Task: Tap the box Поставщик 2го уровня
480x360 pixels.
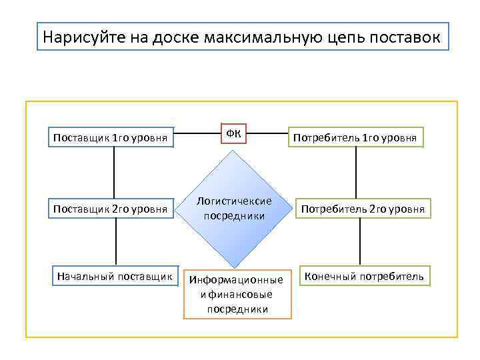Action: pyautogui.click(x=110, y=209)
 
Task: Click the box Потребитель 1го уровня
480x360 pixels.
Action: pyautogui.click(x=355, y=137)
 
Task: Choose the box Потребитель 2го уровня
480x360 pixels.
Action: pyautogui.click(x=363, y=209)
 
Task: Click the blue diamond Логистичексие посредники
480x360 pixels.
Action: pyautogui.click(x=233, y=209)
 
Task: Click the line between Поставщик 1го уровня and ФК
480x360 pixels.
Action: pyautogui.click(x=197, y=133)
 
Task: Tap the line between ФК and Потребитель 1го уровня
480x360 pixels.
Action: pyautogui.click(x=267, y=133)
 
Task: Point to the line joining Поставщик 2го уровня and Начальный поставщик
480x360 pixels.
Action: pyautogui.click(x=117, y=242)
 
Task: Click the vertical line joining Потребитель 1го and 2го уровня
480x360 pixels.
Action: pyautogui.click(x=355, y=173)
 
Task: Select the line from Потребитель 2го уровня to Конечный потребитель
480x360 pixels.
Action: pyautogui.click(x=361, y=242)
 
